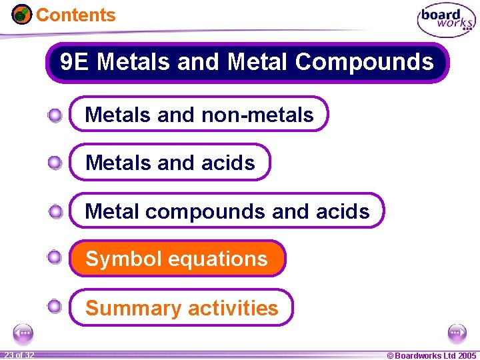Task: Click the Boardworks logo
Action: pyautogui.click(x=446, y=21)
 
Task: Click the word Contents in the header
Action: pyautogui.click(x=75, y=15)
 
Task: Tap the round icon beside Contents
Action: pyautogui.click(x=22, y=14)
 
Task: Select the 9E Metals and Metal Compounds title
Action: pyautogui.click(x=247, y=63)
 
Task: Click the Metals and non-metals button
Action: pyautogui.click(x=199, y=115)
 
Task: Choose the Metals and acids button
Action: pyautogui.click(x=171, y=163)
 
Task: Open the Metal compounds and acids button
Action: pyautogui.click(x=227, y=211)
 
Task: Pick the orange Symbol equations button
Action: pyautogui.click(x=177, y=259)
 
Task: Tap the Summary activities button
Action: pyautogui.click(x=181, y=308)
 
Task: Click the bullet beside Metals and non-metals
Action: pyautogui.click(x=55, y=116)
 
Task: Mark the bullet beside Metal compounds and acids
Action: pyautogui.click(x=55, y=212)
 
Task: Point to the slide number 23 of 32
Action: pyautogui.click(x=18, y=355)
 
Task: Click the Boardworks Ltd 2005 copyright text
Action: pyautogui.click(x=431, y=355)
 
